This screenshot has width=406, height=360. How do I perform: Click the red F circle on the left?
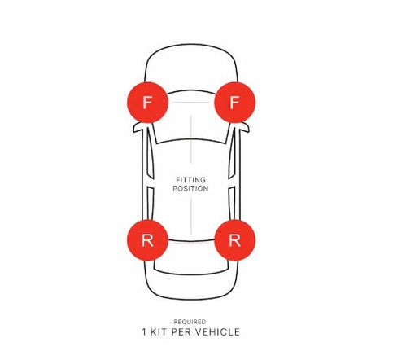point(147,103)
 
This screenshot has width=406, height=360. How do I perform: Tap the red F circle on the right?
point(235,103)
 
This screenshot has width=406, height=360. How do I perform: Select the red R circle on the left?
point(147,240)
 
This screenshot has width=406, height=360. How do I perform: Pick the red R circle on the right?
point(235,240)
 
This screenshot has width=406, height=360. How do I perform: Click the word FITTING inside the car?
point(190,180)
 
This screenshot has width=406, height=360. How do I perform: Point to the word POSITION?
point(190,189)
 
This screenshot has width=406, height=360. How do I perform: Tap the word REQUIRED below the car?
point(190,322)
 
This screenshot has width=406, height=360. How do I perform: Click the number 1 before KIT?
point(144,332)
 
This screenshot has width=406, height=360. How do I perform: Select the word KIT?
point(159,332)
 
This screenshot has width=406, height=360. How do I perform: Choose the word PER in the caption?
point(181,332)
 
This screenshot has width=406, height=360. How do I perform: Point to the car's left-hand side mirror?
point(138,128)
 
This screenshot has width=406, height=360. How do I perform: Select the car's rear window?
point(191,255)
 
